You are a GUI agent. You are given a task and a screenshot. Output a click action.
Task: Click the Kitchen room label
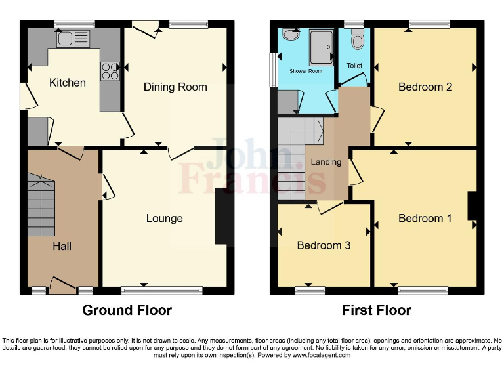pyautogui.click(x=68, y=83)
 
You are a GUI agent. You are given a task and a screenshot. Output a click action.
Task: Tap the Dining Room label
pyautogui.click(x=175, y=87)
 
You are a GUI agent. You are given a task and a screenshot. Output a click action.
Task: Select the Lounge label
pyautogui.click(x=164, y=218)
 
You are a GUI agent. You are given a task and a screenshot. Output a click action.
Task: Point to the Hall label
pyautogui.click(x=62, y=246)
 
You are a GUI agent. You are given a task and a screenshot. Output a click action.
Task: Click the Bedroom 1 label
pyautogui.click(x=425, y=218)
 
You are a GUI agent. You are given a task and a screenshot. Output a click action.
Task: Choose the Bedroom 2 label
pyautogui.click(x=425, y=87)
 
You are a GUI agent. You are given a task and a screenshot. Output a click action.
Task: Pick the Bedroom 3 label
pyautogui.click(x=324, y=245)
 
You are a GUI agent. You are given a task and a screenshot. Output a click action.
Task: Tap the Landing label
pyautogui.click(x=326, y=162)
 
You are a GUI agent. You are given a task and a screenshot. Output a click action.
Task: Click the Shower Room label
pyautogui.click(x=306, y=71)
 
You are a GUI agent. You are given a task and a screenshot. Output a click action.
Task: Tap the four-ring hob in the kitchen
pyautogui.click(x=110, y=70)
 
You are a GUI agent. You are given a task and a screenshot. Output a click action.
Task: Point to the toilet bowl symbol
pyautogui.click(x=357, y=41)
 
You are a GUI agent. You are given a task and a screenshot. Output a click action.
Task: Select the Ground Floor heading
pyautogui.click(x=127, y=310)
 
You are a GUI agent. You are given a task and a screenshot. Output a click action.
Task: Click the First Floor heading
pyautogui.click(x=377, y=310)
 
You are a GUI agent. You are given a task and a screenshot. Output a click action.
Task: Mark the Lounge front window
pyautogui.click(x=162, y=289)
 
